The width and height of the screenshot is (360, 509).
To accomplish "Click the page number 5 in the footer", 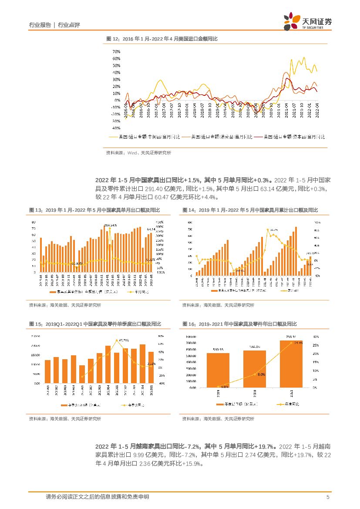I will coord(328,497).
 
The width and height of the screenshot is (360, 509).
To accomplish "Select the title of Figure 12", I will coord(162,39).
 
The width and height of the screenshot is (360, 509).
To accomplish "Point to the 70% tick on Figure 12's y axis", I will coord(116,51).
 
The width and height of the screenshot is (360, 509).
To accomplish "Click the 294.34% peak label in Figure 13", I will coord(111,225).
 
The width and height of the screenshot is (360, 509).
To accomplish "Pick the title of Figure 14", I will coord(250,210).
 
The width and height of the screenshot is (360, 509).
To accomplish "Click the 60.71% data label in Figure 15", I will coord(122,340).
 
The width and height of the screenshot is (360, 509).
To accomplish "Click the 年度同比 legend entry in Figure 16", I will coord(288,404).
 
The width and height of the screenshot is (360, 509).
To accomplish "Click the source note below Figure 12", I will coord(138,153).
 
